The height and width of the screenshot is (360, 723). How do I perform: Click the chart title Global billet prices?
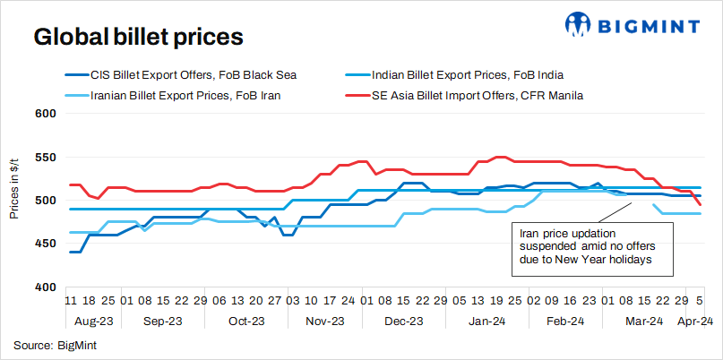[x=138, y=38]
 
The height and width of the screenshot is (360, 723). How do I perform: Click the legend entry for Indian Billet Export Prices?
[x=467, y=74]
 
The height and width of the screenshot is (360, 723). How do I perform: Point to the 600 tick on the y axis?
[x=46, y=114]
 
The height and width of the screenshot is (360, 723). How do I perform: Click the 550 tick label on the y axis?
[x=46, y=158]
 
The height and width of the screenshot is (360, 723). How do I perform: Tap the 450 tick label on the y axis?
[x=46, y=244]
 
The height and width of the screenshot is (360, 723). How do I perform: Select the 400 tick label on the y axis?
[x=46, y=287]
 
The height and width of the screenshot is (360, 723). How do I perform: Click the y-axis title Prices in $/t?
[x=15, y=200]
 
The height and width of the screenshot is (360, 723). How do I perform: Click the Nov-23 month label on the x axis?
[x=325, y=321]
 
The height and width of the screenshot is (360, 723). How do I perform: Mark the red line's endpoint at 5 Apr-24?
[x=701, y=205]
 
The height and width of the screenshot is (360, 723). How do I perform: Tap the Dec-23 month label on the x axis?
[x=404, y=321]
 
